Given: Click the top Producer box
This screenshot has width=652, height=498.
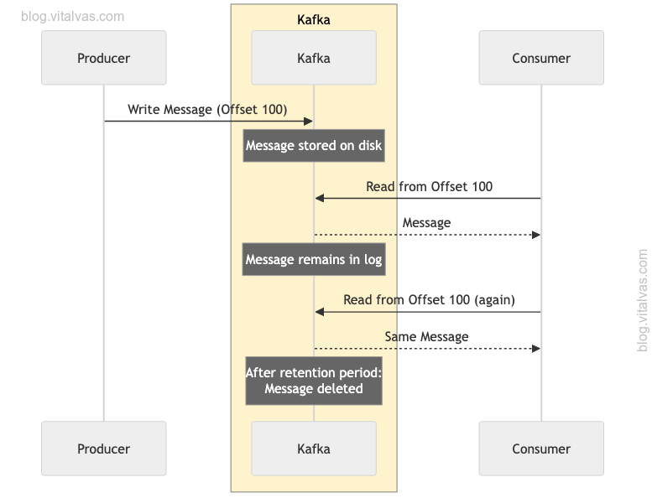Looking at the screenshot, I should [104, 58].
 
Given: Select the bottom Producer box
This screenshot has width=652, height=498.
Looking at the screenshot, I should [104, 449].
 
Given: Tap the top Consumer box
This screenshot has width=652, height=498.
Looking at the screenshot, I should [541, 58].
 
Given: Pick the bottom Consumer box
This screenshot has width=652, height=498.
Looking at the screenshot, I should [541, 449].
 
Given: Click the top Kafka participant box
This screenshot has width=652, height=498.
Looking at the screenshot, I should [314, 58].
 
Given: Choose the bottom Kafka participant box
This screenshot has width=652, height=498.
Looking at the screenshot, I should [314, 449].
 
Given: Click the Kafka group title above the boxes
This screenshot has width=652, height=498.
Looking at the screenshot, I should [314, 19].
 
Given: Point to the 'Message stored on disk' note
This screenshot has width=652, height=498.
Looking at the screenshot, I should [314, 146].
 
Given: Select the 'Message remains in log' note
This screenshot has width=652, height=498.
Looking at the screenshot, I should [314, 260].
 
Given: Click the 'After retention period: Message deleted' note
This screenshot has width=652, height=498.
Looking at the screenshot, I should [314, 381].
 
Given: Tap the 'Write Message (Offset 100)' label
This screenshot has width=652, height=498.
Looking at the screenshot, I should [207, 110].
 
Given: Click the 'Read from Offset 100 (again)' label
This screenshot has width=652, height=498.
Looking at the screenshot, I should [429, 299].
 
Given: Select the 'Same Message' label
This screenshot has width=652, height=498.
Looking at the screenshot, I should [426, 336].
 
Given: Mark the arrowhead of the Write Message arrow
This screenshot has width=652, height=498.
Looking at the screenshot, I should [309, 122].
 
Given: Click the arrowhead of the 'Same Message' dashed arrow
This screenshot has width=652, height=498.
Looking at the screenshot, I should [536, 348].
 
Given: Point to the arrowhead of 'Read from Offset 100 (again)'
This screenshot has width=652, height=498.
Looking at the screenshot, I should [320, 312].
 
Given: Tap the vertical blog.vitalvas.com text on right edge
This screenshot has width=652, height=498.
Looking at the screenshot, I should [643, 299].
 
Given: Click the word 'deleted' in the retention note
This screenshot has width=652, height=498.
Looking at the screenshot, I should [339, 389].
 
